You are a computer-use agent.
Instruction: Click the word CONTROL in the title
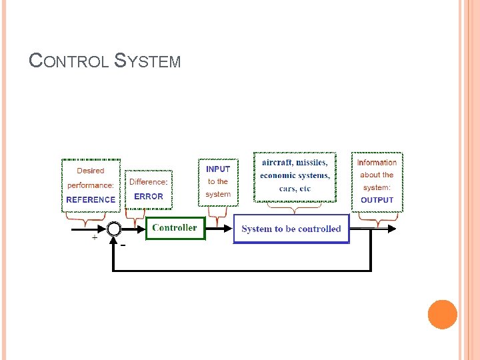[x=69, y=61]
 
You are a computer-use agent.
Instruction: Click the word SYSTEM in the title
[x=147, y=61]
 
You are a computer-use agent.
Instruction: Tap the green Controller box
[x=175, y=228]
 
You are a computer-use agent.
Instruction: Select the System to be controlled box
[x=291, y=229]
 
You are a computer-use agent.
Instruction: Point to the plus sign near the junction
[x=94, y=237]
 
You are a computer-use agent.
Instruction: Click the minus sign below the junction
[x=123, y=245]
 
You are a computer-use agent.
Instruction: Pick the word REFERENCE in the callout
[x=91, y=199]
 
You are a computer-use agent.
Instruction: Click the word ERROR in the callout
[x=149, y=197]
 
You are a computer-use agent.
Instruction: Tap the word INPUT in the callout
[x=218, y=169]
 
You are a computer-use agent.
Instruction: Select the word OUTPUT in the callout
[x=377, y=200]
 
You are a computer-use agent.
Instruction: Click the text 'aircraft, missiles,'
[x=295, y=163]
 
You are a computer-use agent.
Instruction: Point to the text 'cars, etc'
[x=295, y=189]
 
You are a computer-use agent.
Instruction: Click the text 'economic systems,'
[x=295, y=175]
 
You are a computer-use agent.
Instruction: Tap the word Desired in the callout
[x=91, y=171]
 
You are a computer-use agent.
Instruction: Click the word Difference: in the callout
[x=149, y=182]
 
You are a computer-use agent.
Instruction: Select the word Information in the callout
[x=377, y=163]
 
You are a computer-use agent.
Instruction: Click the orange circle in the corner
[x=442, y=314]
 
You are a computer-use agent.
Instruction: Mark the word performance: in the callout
[x=91, y=185]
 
